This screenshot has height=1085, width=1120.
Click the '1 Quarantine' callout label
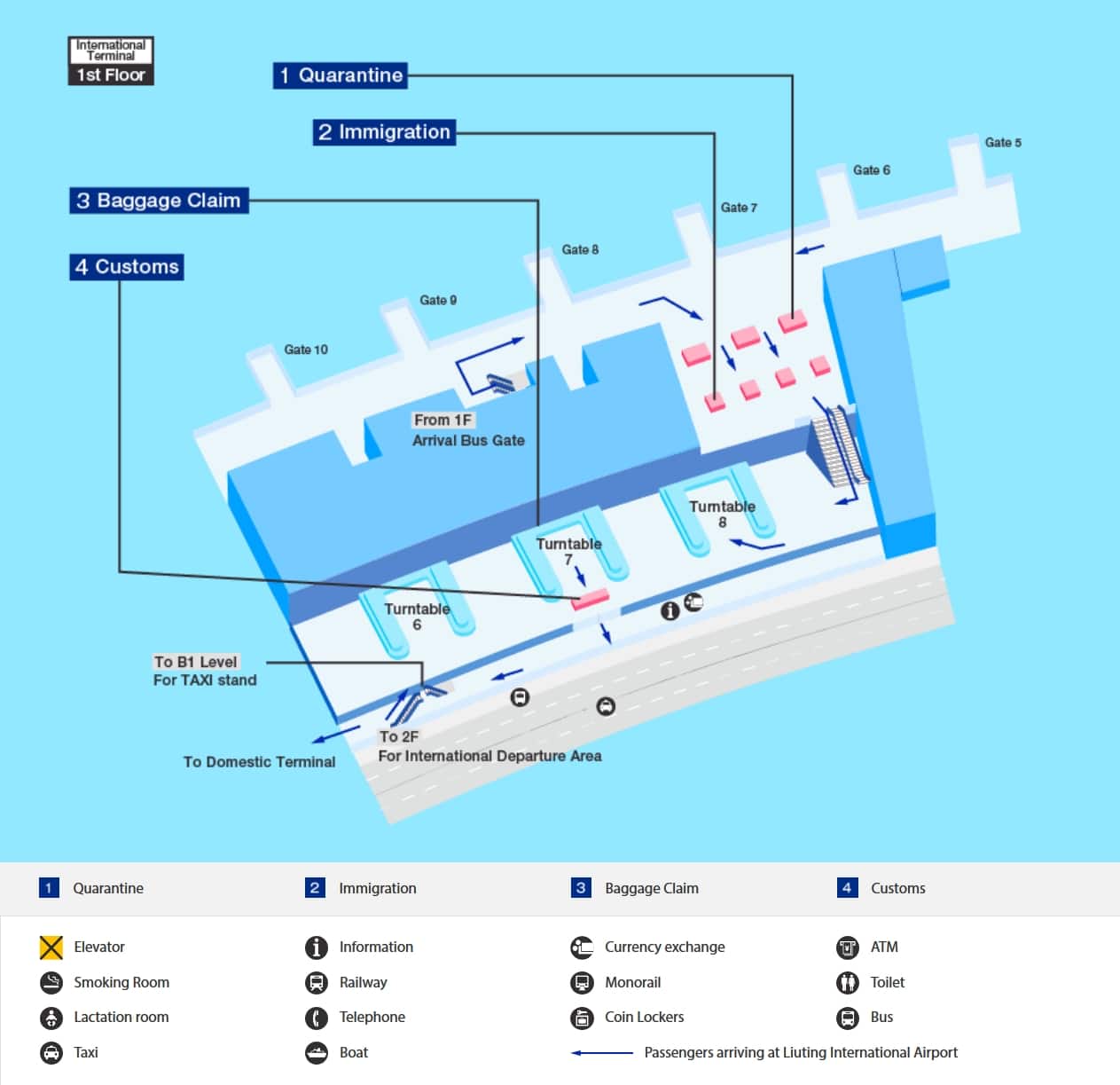(x=340, y=75)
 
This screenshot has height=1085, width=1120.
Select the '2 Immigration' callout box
(x=384, y=132)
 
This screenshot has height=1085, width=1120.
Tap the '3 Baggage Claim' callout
(x=159, y=200)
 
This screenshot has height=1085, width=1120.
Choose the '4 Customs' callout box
(x=127, y=267)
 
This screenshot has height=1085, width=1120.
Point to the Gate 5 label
(x=1003, y=143)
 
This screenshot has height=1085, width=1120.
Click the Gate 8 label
(x=580, y=250)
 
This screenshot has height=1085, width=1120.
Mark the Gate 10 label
(x=306, y=350)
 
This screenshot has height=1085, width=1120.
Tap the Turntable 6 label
(x=417, y=617)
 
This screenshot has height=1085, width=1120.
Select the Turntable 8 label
(x=722, y=514)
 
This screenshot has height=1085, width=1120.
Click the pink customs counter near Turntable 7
(x=590, y=600)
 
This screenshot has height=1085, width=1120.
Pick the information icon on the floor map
(x=670, y=610)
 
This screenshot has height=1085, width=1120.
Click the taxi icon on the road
(x=606, y=706)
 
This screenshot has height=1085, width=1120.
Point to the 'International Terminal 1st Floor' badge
(x=111, y=61)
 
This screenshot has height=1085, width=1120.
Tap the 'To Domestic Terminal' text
(x=259, y=762)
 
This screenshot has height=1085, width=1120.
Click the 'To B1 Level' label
(x=196, y=662)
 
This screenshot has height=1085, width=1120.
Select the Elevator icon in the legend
(x=51, y=947)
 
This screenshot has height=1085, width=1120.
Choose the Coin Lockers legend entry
(x=628, y=1018)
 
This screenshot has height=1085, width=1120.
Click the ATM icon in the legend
(x=848, y=947)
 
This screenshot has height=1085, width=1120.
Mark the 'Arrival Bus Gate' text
(x=468, y=440)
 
